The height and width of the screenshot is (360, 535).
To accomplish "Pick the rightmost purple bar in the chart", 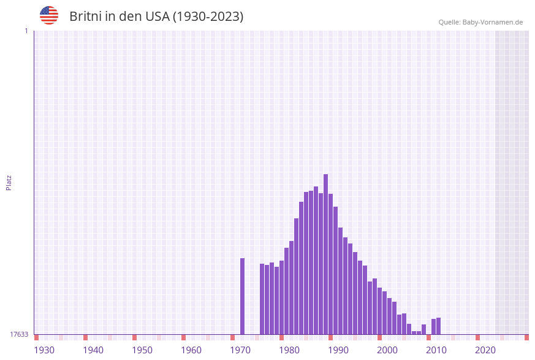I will pos(438,326).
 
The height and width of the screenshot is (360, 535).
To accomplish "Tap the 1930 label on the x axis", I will pos(44,350).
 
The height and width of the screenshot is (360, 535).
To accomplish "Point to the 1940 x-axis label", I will pos(93,350).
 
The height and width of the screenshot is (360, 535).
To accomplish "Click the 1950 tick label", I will pos(142,350).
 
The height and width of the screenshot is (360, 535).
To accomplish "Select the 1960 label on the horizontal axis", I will pos(191,350).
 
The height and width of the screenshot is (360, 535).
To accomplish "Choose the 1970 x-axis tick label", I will pos(240,350).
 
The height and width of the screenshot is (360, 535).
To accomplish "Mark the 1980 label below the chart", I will pos(289,350).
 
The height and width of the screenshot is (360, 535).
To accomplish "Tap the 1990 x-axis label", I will pos(338,350).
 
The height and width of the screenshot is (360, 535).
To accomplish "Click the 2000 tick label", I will pos(387,350).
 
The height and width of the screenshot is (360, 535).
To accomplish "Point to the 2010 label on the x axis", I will pos(436,350).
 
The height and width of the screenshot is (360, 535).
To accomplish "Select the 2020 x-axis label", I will pos(485,350).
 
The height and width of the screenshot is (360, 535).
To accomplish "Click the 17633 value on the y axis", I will pos(19,334).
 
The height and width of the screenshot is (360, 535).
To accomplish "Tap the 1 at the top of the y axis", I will pos(26,31).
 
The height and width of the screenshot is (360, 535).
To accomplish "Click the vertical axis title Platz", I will pos(9,183).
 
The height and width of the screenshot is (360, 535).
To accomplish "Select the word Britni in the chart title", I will pos(85,17).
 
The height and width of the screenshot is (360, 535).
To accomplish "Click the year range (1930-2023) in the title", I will pos(208,17).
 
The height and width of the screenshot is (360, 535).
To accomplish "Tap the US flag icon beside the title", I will pos(49,15).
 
